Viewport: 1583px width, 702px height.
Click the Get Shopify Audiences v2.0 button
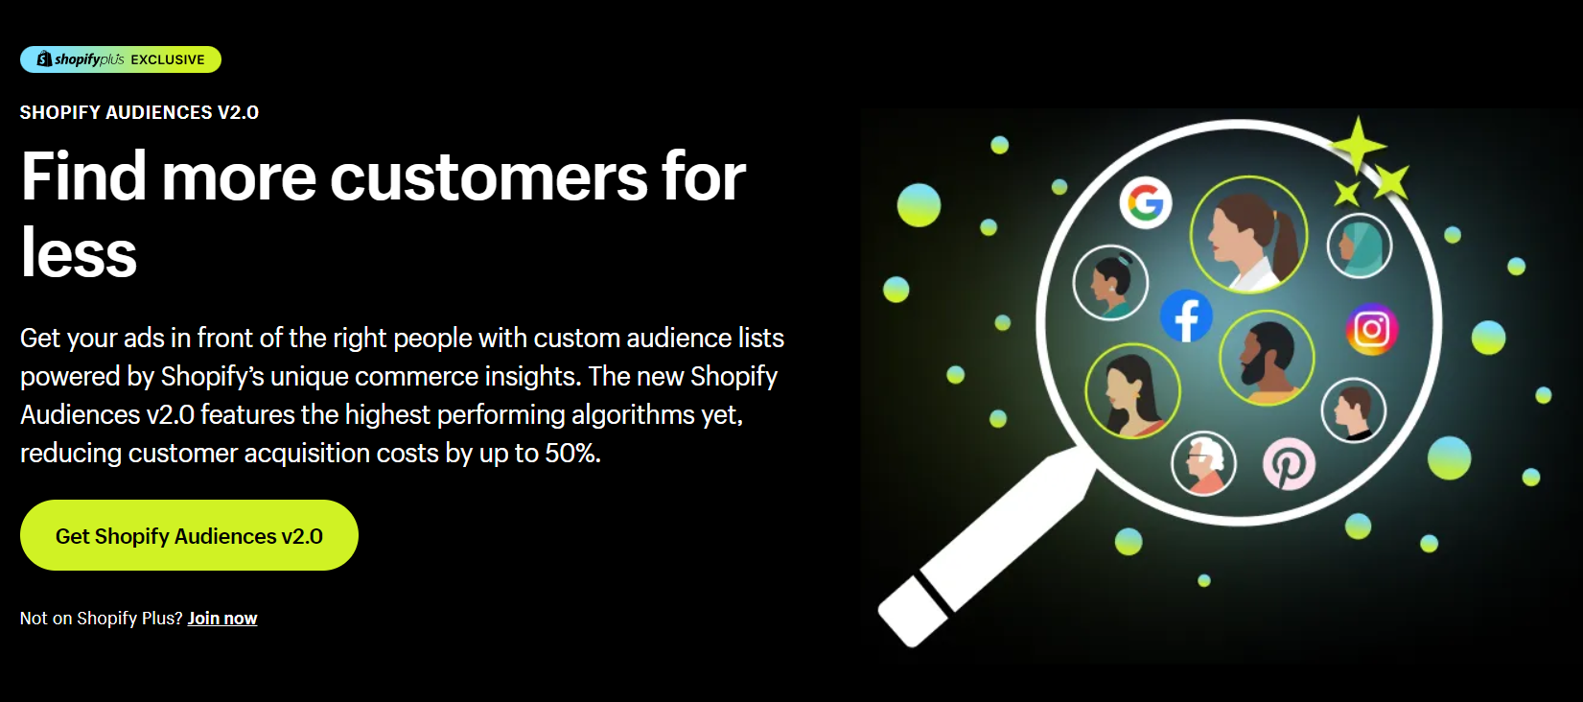click(189, 535)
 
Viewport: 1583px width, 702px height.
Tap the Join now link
click(222, 619)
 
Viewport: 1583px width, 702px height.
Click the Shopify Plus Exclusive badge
click(121, 59)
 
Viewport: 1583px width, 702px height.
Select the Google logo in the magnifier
click(1146, 202)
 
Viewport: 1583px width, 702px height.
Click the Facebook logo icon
click(1186, 316)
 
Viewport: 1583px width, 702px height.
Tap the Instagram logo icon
click(1371, 329)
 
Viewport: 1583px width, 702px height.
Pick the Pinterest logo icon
click(1289, 464)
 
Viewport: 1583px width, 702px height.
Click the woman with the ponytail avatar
click(1248, 235)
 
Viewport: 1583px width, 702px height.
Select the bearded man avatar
click(1267, 358)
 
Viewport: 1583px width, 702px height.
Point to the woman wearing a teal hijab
click(1360, 245)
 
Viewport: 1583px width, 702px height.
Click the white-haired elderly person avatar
click(1203, 463)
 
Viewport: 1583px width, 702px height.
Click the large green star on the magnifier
click(1358, 146)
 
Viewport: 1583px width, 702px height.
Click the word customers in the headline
click(489, 177)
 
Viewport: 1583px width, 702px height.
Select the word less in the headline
click(79, 254)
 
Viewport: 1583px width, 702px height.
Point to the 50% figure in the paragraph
click(571, 453)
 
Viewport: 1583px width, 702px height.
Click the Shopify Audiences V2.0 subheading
click(139, 112)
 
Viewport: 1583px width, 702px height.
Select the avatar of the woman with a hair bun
click(1110, 283)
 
